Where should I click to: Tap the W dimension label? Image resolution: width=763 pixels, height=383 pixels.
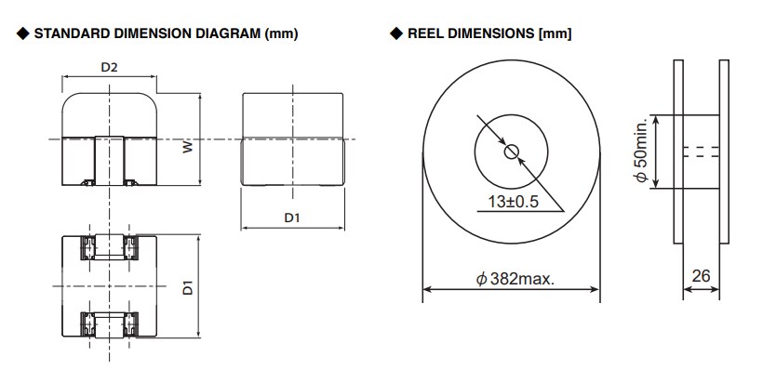[187, 147]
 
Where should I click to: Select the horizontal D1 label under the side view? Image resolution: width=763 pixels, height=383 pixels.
[292, 218]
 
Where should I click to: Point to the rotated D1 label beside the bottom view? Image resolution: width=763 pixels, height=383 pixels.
[187, 286]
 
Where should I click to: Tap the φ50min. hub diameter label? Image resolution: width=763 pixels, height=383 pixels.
[641, 152]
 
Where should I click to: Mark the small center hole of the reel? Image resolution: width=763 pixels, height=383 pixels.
[511, 152]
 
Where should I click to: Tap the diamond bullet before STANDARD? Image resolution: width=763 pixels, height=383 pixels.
[21, 34]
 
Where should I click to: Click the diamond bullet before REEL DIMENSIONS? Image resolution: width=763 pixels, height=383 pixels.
[396, 34]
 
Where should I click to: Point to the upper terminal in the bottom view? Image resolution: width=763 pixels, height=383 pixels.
[111, 248]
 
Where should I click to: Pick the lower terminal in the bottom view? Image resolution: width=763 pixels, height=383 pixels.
[111, 324]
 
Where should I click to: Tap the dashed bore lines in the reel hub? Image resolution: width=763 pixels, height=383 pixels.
[701, 152]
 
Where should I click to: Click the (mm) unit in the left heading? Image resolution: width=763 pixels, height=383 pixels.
[282, 34]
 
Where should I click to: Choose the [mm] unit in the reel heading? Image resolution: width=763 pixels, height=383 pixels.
[555, 34]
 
